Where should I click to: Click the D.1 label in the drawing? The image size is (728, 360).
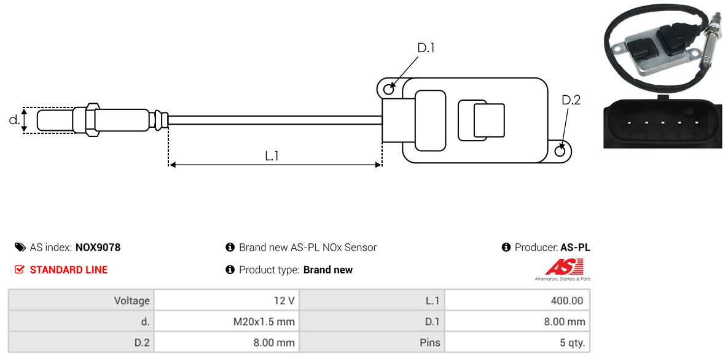click(x=426, y=48)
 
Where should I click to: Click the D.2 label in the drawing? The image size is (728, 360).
click(x=571, y=100)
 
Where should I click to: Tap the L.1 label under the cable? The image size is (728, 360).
click(x=272, y=156)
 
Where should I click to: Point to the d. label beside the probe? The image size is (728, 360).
click(x=14, y=120)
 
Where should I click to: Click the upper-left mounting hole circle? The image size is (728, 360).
click(x=388, y=90)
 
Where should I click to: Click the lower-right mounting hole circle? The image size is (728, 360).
click(x=560, y=151)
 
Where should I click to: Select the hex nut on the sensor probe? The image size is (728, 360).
click(x=90, y=120)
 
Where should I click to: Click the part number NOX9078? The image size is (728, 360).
click(x=98, y=248)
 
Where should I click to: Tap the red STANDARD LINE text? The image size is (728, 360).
click(x=68, y=270)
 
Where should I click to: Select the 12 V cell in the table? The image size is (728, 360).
click(x=226, y=301)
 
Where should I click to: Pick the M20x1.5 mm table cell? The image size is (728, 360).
click(x=226, y=321)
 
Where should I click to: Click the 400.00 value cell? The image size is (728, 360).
click(x=517, y=301)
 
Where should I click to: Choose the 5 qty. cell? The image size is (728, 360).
click(x=517, y=342)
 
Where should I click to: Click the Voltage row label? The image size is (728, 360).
click(x=81, y=301)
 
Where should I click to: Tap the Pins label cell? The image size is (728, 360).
click(x=372, y=342)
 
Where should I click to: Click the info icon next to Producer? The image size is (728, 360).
click(x=506, y=248)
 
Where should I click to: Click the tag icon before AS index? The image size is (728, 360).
click(x=20, y=248)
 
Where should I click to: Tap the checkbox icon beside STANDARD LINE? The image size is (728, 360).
click(x=20, y=270)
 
